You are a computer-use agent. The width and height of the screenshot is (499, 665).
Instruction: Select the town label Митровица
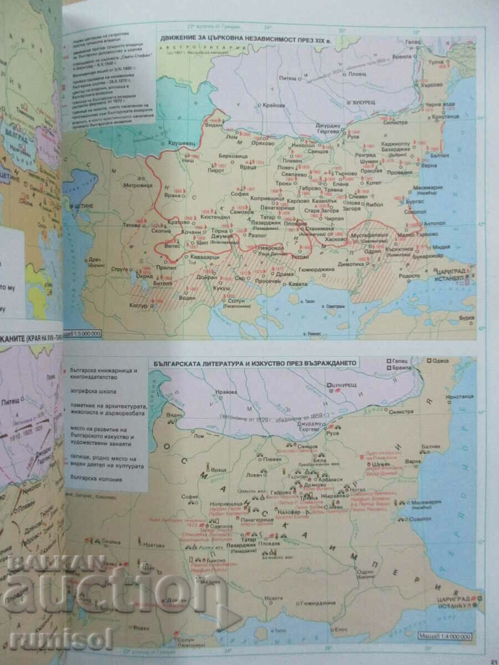tap(136, 186)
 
